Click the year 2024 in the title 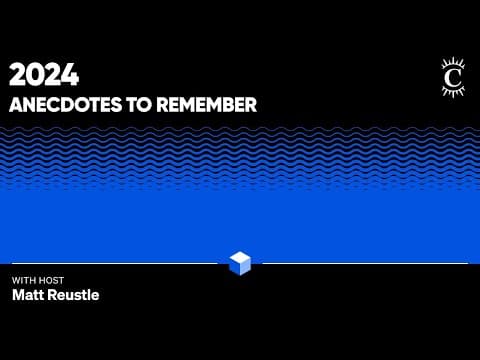click(x=44, y=75)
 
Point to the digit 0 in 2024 click(x=35, y=75)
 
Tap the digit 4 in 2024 click(x=70, y=75)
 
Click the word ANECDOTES click(x=66, y=105)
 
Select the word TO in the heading click(x=139, y=105)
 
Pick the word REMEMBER click(x=207, y=105)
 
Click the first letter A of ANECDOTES click(x=16, y=105)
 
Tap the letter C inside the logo click(x=453, y=78)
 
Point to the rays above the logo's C click(x=453, y=63)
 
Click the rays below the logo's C click(x=453, y=91)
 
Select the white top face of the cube click(x=240, y=257)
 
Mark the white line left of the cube click(x=115, y=263)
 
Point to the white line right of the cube click(x=365, y=263)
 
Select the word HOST click(x=51, y=280)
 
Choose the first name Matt click(x=27, y=295)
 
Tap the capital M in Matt click(x=18, y=295)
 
